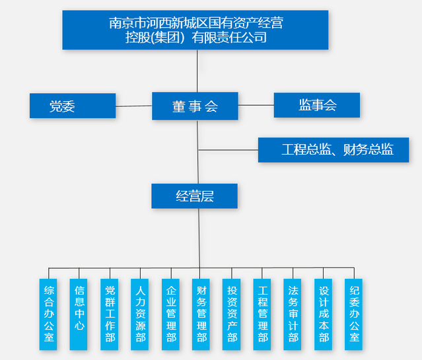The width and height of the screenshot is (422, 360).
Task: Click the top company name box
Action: coord(196,30)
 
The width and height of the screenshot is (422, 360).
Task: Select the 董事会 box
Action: coord(195,106)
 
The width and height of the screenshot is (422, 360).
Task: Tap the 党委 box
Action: coord(73,106)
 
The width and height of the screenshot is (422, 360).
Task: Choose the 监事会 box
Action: coord(317,105)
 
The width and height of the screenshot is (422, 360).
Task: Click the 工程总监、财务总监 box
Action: coord(334,150)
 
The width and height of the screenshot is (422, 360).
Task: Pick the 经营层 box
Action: coord(194,196)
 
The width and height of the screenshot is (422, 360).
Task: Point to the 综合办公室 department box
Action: coord(49,314)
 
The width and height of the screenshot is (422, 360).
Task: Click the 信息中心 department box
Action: coord(79,314)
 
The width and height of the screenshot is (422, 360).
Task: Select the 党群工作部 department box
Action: coord(110,314)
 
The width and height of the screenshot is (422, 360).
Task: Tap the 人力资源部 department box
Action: coord(141,314)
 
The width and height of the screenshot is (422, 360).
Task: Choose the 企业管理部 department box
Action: coord(171,314)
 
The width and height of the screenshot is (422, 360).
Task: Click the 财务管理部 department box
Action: coord(201,314)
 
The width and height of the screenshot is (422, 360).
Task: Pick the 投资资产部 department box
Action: coord(232,314)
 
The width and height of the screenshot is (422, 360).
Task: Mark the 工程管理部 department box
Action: coord(262,314)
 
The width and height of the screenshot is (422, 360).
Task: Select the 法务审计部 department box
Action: coord(293,314)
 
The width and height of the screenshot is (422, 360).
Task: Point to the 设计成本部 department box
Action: coord(324,314)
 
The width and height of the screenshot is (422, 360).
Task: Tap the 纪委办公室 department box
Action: coord(354,314)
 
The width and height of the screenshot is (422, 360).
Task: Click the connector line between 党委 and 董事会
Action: coord(133,106)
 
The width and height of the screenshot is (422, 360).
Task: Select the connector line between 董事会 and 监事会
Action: coord(256,105)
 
